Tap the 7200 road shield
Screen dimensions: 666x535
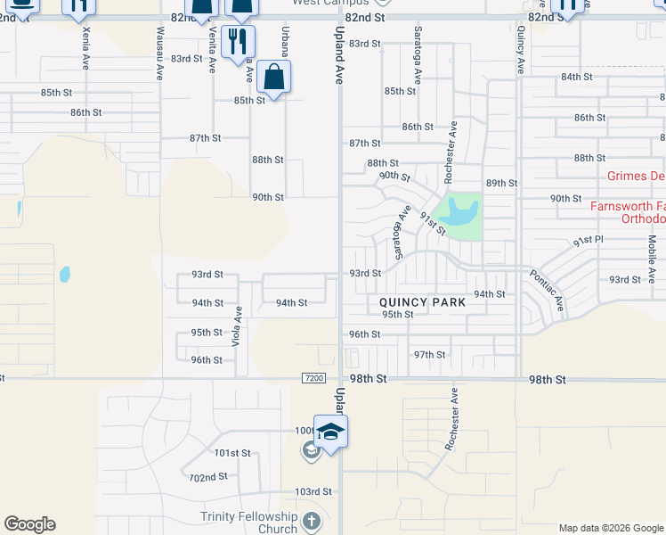pos(313,378)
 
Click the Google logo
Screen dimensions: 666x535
pos(29,524)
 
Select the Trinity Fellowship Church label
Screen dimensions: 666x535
pos(249,523)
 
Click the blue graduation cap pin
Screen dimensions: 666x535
pos(330,432)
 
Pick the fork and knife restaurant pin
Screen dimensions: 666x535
pos(237,42)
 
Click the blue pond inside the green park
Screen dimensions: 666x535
pos(463,212)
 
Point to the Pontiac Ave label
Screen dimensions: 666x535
pos(548,291)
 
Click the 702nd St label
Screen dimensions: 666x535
pos(207,477)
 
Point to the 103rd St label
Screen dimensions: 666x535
pos(313,491)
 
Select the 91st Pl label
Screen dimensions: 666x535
pos(588,241)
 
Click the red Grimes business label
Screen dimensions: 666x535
pos(636,176)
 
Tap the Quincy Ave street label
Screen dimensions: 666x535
pos(521,48)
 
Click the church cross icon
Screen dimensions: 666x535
pos(311,520)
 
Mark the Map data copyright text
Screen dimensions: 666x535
pos(610,528)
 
